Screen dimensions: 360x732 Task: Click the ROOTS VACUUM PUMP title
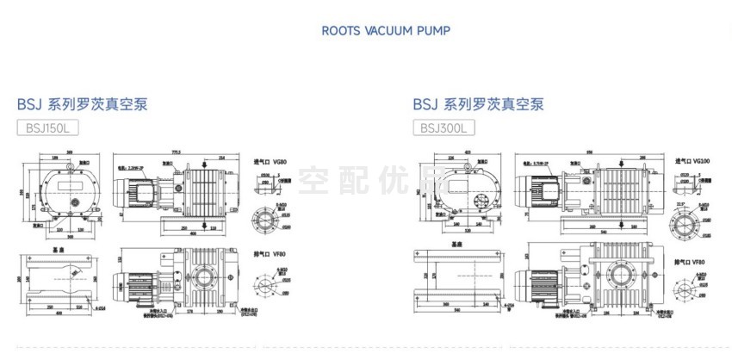(385, 31)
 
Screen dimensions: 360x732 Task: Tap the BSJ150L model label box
(47, 128)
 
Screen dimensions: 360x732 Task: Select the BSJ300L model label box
(443, 128)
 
